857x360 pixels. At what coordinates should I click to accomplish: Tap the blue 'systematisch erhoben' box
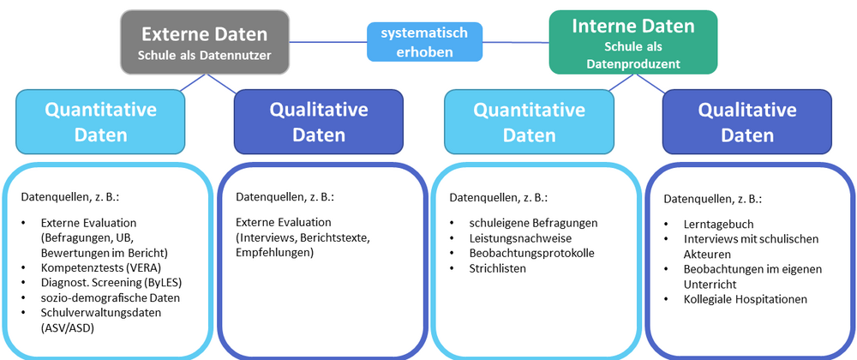pos(424,42)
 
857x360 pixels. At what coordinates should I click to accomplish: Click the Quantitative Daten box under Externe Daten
pos(100,122)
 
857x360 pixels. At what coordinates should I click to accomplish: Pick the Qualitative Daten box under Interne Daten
pos(747,122)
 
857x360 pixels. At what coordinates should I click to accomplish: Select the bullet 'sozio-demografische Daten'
pos(107,297)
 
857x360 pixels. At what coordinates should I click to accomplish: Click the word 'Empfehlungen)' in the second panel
pos(274,253)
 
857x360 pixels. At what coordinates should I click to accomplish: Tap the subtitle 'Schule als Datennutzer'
pos(204,56)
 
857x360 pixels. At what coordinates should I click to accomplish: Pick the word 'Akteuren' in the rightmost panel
pos(709,254)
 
